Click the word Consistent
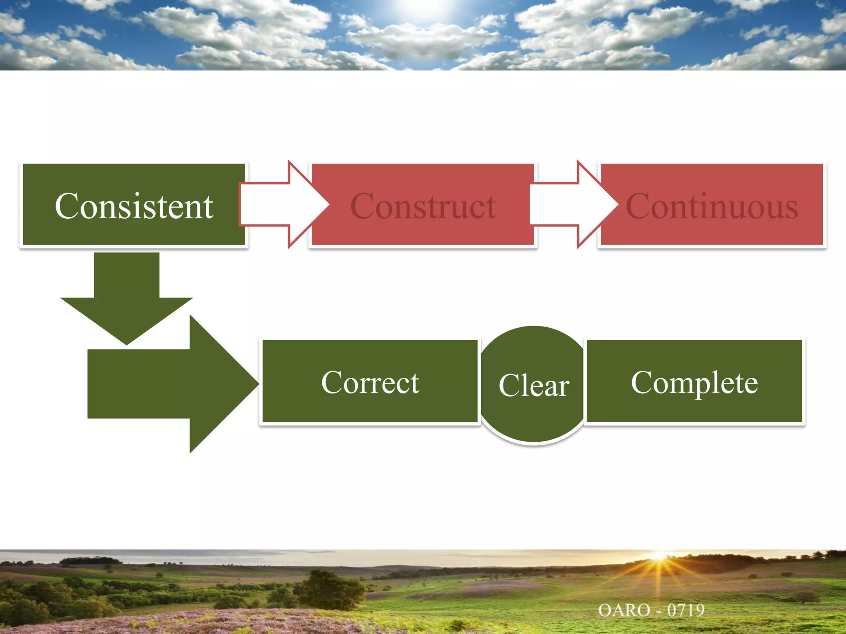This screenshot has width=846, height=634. [134, 206]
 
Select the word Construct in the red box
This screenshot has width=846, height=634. [423, 206]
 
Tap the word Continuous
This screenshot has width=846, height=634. [712, 206]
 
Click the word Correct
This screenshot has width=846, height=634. [370, 382]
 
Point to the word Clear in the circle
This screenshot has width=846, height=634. [534, 385]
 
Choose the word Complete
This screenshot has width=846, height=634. [694, 382]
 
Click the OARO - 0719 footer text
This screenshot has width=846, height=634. [651, 610]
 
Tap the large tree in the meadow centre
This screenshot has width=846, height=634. [330, 588]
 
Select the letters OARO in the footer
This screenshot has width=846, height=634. [624, 610]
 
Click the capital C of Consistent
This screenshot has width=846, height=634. [66, 206]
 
